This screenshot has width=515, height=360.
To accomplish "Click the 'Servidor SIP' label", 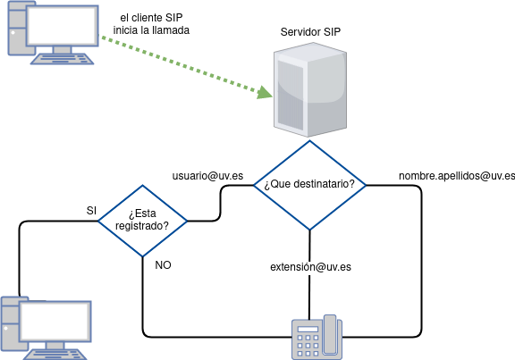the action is click(x=310, y=32).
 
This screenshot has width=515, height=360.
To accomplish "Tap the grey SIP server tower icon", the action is click(x=310, y=89).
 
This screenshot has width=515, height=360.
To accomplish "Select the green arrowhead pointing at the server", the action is click(x=265, y=92).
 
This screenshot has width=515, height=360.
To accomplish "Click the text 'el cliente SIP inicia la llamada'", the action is click(x=151, y=23).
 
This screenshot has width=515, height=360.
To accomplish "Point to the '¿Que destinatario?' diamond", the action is click(x=309, y=185).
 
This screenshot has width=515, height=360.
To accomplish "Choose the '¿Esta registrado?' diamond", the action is click(x=142, y=221).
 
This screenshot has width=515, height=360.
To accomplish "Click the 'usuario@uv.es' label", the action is click(x=207, y=176).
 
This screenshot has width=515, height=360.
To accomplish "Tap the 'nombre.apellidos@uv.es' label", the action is click(x=457, y=176).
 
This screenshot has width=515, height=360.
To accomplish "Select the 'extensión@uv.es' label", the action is click(x=311, y=267).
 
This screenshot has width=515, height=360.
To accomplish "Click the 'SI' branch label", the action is click(x=91, y=210).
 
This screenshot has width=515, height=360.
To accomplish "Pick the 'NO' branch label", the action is click(x=163, y=264).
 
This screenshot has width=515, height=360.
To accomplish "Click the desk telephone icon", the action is click(x=317, y=338).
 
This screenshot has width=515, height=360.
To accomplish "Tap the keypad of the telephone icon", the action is click(x=308, y=345).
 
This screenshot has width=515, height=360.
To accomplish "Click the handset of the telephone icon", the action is click(x=330, y=335).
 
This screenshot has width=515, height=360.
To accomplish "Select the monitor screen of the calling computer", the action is click(x=62, y=26).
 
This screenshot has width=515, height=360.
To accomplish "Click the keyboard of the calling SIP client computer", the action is click(x=62, y=59).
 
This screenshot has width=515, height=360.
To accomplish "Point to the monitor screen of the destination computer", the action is click(x=55, y=321).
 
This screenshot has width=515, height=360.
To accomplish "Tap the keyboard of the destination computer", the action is click(x=55, y=355).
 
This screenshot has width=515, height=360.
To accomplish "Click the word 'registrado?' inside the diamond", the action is click(x=142, y=226).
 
